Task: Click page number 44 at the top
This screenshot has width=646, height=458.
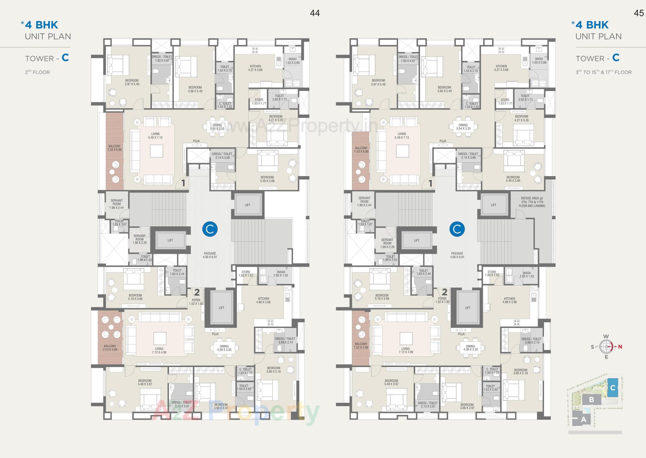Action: tap(315, 13)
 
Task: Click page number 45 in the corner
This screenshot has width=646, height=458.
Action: tap(639, 13)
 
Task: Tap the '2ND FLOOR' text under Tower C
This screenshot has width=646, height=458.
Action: tap(37, 72)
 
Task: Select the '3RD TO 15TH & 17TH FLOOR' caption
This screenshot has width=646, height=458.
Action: tap(603, 72)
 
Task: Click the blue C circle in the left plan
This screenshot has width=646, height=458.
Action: tap(210, 229)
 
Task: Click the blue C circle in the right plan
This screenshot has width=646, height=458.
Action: tap(457, 229)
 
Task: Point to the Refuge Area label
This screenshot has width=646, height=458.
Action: tap(532, 202)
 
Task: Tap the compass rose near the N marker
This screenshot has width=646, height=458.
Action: tap(607, 346)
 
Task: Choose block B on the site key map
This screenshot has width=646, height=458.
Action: tap(591, 400)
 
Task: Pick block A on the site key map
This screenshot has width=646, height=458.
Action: tap(583, 420)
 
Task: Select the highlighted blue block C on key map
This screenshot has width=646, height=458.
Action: tap(613, 388)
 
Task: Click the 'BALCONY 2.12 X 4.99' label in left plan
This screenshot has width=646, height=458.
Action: tap(110, 348)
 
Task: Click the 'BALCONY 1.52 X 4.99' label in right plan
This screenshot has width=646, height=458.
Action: tap(361, 346)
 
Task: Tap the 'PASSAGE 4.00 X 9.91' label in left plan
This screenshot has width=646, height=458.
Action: tap(210, 255)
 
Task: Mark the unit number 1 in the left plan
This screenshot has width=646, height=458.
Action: tap(183, 183)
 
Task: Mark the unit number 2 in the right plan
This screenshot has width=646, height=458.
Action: tap(444, 292)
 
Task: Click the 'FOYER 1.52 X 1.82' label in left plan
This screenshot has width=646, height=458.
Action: tap(196, 302)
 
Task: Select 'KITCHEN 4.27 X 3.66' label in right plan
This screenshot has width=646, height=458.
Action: tap(501, 68)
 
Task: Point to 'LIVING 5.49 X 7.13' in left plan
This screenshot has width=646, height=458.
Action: tap(155, 136)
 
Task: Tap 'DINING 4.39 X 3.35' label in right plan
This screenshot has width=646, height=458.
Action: tap(470, 348)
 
